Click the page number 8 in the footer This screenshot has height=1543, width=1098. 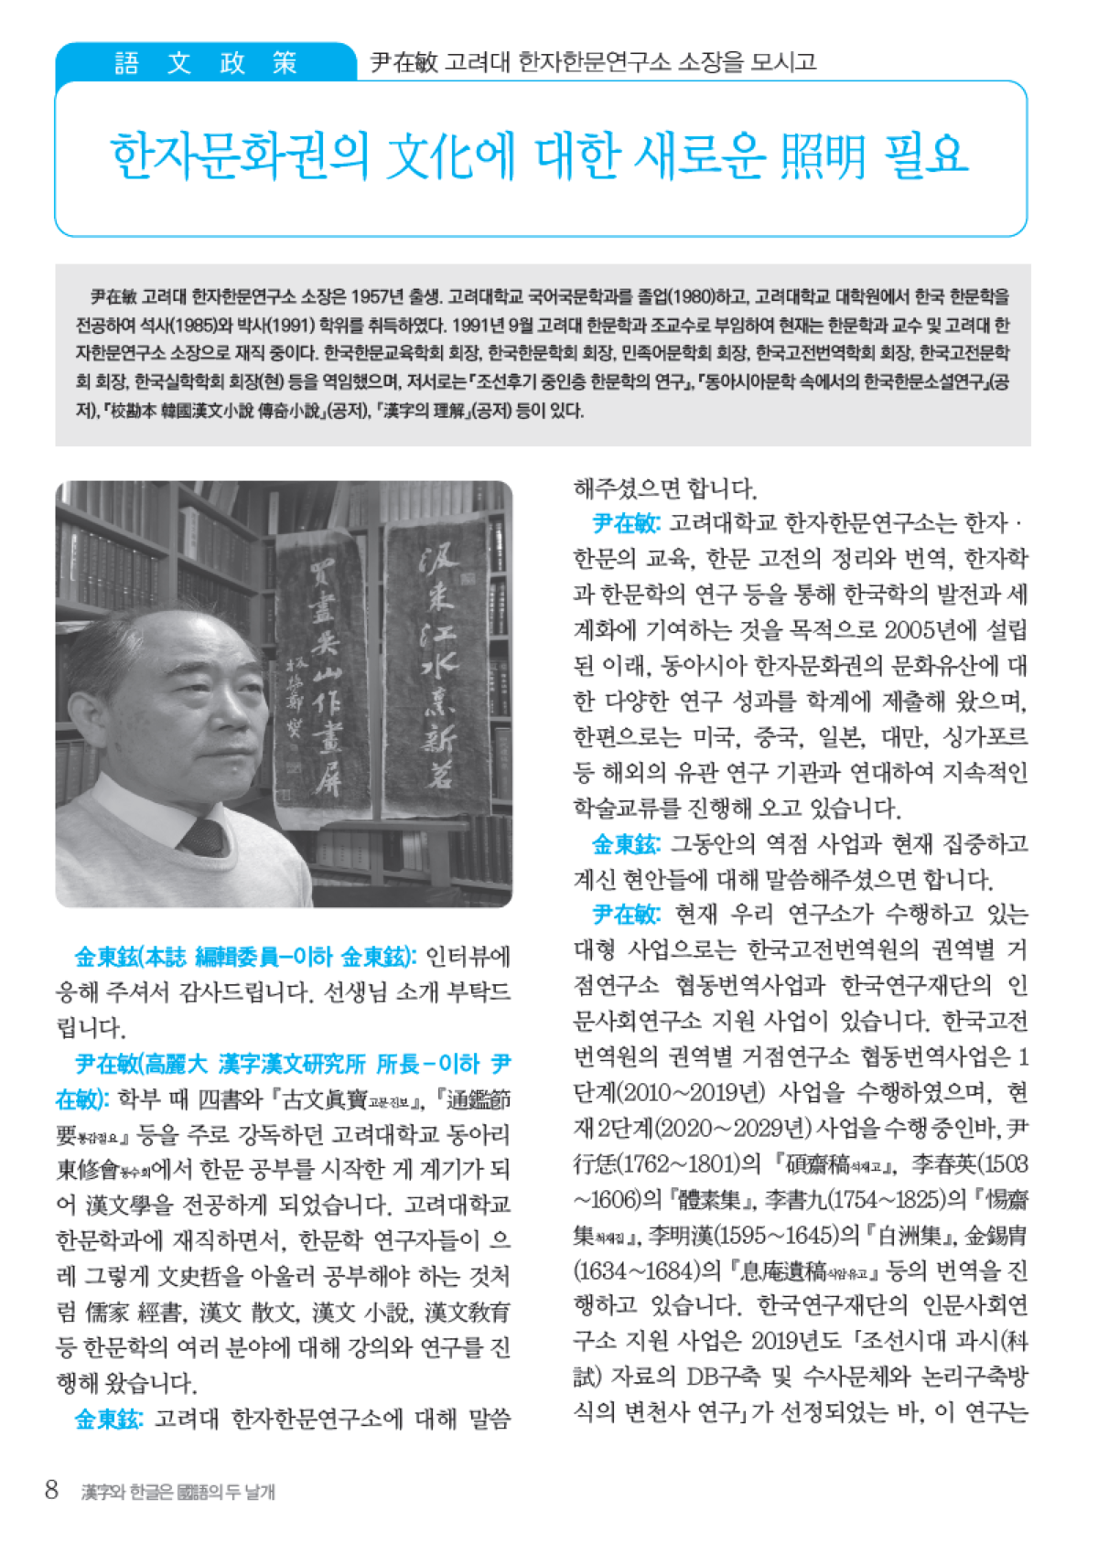[51, 1490]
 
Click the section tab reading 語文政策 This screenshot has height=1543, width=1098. [206, 63]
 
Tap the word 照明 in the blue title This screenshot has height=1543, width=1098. [823, 155]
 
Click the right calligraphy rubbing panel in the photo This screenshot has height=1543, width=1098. [436, 668]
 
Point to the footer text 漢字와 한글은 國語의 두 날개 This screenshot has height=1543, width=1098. [178, 1492]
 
